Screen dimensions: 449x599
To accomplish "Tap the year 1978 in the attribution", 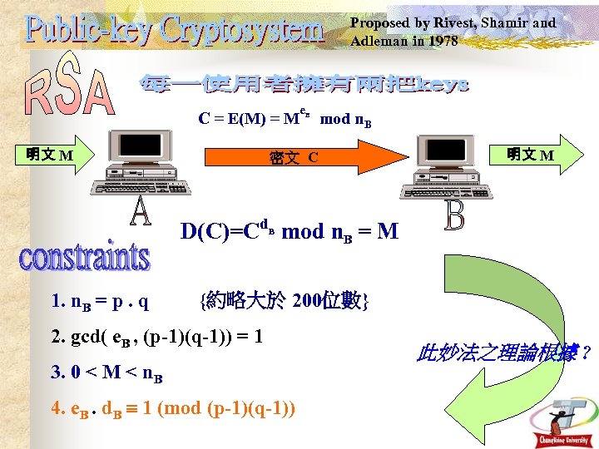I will pos(440,41).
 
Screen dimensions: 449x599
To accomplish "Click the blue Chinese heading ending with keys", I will pos(304,85).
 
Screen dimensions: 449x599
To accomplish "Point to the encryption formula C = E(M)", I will pos(284,119).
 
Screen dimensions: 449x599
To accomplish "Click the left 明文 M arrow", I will pos(50,155).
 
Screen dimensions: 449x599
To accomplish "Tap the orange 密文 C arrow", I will pos(291,157).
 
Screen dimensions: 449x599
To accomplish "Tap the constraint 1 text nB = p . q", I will pos(100,302).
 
